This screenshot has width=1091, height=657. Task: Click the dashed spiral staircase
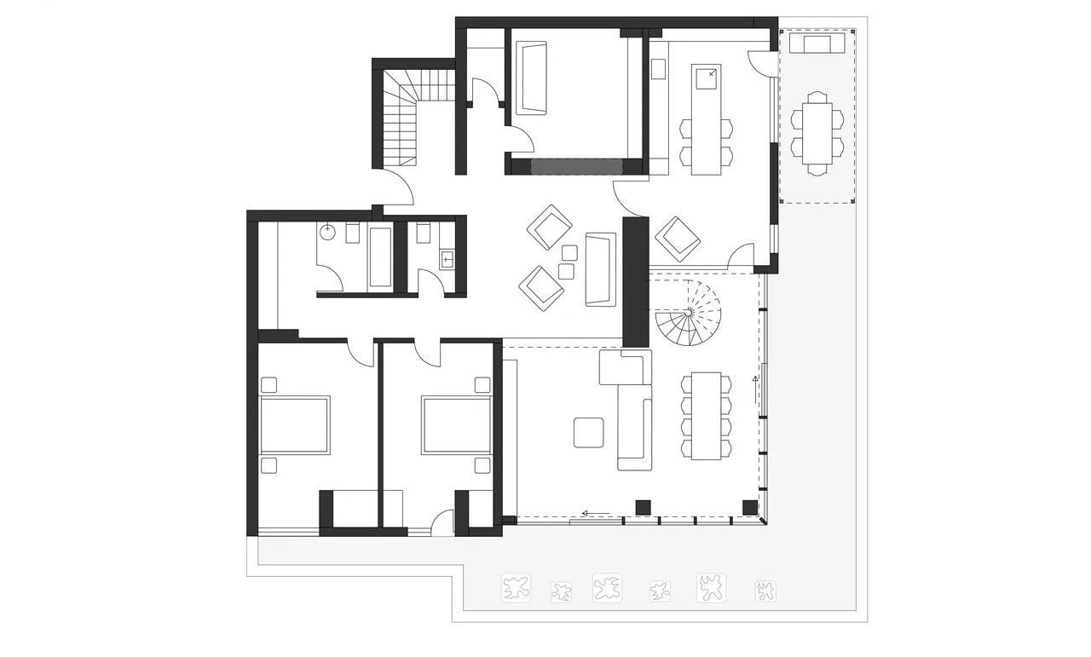click(x=688, y=314)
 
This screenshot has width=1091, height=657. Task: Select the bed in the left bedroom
click(x=294, y=425)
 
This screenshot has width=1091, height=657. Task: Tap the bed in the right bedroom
click(x=456, y=424)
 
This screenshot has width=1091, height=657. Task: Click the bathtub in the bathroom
click(x=379, y=256)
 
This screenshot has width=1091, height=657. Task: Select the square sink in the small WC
click(x=447, y=257)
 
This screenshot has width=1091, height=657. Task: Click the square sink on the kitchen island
click(x=706, y=78)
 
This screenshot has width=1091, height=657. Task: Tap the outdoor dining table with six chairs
click(x=817, y=133)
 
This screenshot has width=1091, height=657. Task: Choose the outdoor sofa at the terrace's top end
click(x=817, y=43)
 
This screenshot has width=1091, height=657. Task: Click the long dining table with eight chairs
click(x=706, y=416)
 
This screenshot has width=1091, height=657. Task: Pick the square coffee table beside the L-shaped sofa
click(x=588, y=432)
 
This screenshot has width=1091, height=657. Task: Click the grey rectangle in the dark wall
click(x=576, y=166)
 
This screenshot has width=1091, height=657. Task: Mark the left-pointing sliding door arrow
click(x=596, y=513)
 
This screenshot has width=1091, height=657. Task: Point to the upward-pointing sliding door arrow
click(x=754, y=388)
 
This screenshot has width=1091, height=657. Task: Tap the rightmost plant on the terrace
click(x=765, y=590)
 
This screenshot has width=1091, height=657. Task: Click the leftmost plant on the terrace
click(x=515, y=587)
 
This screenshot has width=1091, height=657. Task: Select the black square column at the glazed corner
click(x=749, y=507)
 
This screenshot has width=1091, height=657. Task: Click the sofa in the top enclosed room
click(x=533, y=78)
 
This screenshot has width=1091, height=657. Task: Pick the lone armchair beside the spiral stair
click(x=678, y=238)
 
